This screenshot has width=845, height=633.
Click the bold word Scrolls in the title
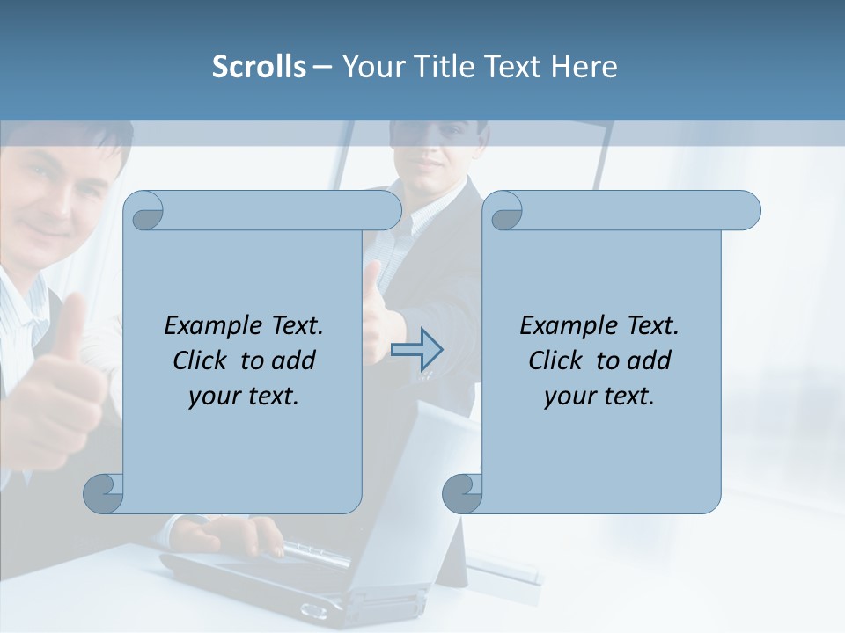(259, 67)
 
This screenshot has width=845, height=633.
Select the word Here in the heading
(584, 67)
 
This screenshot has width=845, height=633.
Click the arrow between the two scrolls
(417, 350)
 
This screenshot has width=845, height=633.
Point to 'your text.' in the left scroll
(244, 397)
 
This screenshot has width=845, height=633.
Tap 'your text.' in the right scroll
(599, 397)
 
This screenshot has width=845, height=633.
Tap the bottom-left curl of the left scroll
(104, 494)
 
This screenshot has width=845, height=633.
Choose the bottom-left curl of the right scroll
(462, 494)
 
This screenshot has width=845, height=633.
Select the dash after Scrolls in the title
(322, 67)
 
